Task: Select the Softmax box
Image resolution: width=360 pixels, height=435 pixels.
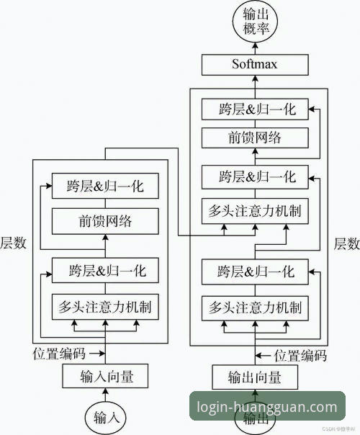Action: coord(255,65)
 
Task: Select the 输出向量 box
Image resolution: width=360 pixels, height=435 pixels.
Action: coord(255,377)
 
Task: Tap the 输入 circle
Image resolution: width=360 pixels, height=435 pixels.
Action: coord(106,416)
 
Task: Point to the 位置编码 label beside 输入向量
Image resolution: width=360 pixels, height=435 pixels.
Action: coord(60,354)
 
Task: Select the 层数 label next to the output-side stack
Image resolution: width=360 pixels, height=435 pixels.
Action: coord(346,243)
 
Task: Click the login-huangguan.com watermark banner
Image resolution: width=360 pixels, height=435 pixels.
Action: coord(266,407)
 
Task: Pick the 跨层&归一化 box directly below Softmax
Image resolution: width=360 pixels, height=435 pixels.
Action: coord(255,110)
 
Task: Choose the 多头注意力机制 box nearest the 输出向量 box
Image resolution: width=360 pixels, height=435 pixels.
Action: coord(255,308)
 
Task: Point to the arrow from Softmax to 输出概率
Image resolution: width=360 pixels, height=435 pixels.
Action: coord(255,49)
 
